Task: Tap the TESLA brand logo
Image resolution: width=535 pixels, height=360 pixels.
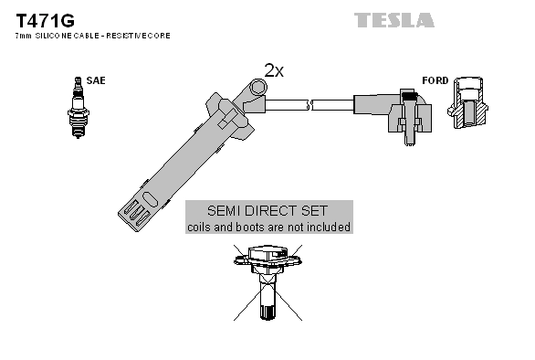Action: click(394, 19)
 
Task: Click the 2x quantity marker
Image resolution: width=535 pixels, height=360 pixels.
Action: click(274, 69)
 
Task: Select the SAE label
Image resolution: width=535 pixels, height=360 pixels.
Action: click(95, 80)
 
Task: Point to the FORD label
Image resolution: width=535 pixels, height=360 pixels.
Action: click(435, 80)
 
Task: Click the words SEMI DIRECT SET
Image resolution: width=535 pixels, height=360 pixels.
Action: click(268, 210)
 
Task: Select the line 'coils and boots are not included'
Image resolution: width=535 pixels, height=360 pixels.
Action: click(268, 227)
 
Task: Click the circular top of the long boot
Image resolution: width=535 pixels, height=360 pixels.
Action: click(258, 88)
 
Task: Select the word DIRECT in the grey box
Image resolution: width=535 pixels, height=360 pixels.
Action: click(268, 210)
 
